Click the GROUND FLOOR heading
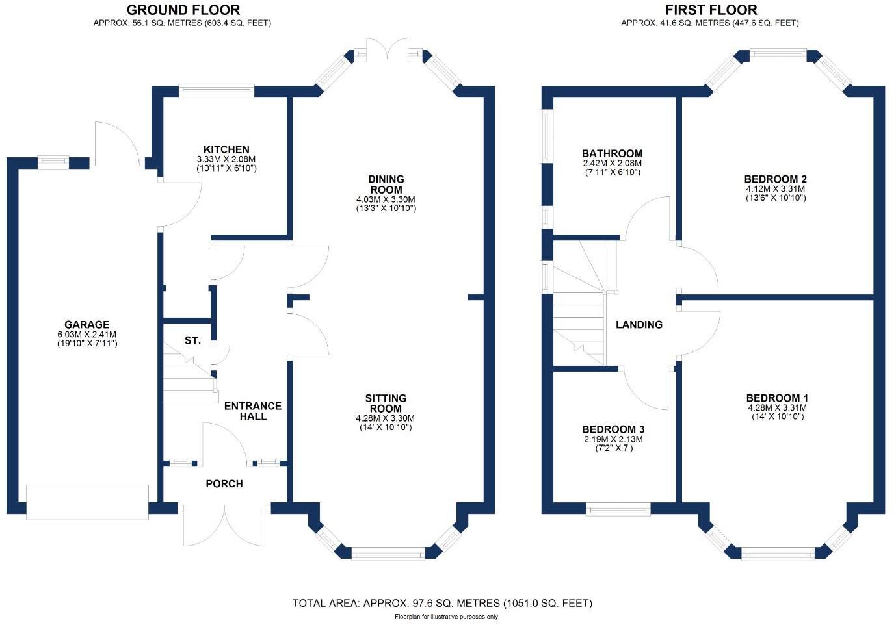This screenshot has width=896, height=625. point(183,10)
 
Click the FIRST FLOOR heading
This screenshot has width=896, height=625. point(711,10)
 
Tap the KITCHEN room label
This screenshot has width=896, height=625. point(226,149)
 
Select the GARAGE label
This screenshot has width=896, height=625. point(87,325)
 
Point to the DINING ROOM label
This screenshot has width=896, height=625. point(386,185)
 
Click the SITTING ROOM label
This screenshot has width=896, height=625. point(386,403)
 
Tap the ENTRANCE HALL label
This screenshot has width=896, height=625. point(253,411)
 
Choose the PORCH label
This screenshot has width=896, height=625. point(224,484)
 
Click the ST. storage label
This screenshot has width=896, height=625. point(192,340)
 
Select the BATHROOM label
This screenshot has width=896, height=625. point(612,154)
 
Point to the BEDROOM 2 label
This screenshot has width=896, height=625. point(776,179)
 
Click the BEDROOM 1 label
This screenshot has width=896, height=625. point(777,398)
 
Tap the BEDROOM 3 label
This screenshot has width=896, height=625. point(613,429)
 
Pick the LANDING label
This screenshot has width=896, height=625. point(639,325)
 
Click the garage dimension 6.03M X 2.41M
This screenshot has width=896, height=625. point(87,335)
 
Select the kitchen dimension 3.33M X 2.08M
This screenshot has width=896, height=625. point(226,159)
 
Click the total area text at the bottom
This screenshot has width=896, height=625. point(442,604)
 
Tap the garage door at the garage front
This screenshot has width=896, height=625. point(87,502)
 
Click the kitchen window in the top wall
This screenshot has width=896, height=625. point(216,91)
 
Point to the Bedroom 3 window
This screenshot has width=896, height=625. point(618,509)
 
